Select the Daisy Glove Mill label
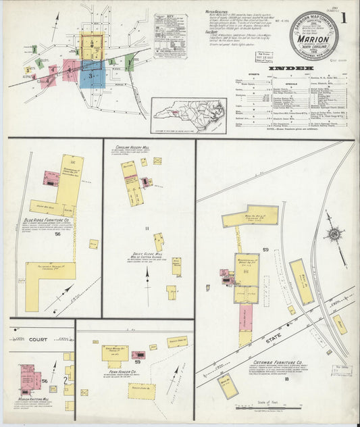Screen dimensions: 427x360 point(148,255)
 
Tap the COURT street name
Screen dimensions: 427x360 point(38,339)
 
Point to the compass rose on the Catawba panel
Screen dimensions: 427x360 point(333,234)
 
